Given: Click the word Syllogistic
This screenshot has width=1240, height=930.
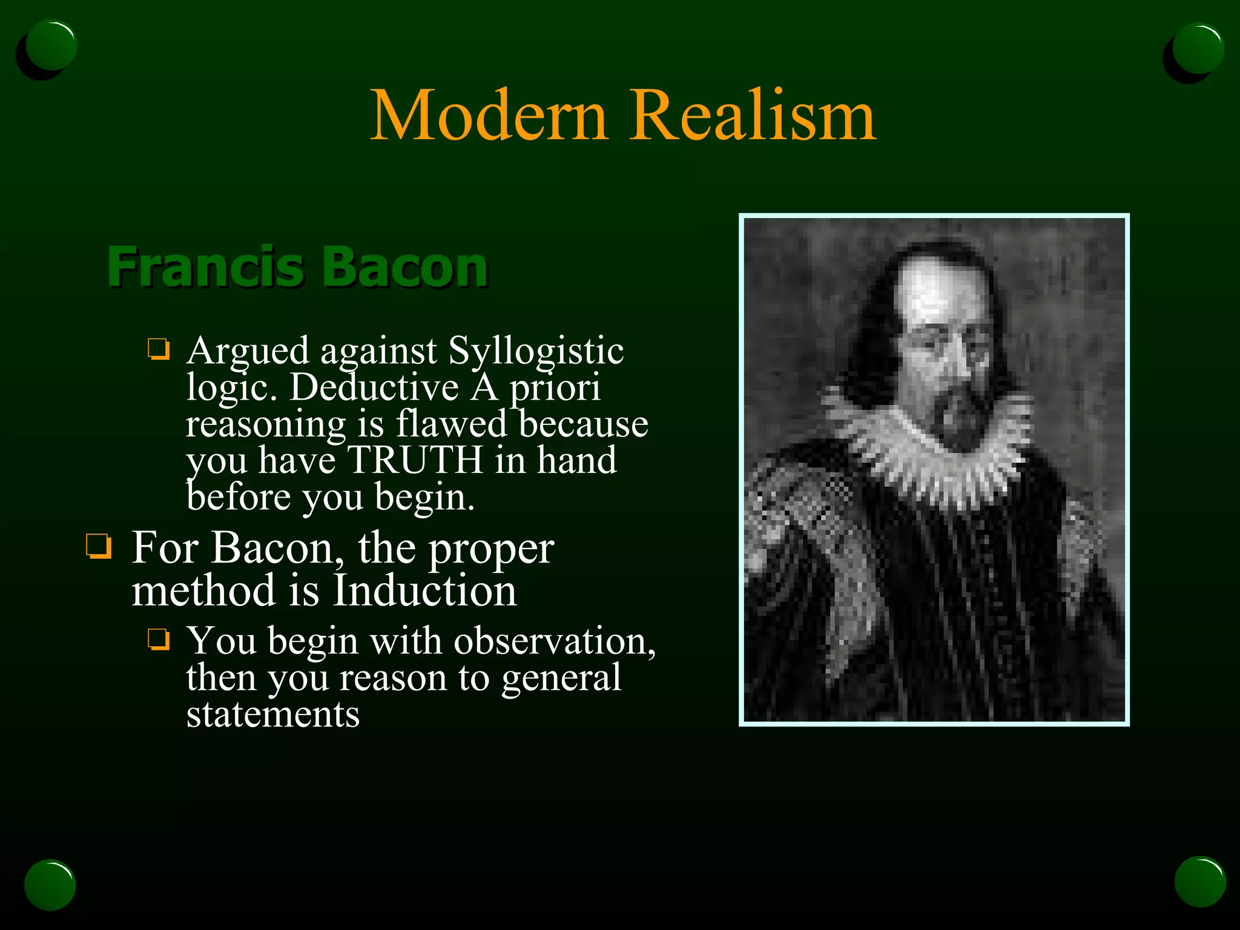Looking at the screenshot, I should point(536,351).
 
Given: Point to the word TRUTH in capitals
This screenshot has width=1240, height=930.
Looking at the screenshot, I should point(415,460).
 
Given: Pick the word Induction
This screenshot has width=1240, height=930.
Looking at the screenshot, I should point(425,590).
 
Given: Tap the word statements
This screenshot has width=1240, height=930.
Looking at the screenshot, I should point(272,714).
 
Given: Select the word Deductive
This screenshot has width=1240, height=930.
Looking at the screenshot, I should point(374,387).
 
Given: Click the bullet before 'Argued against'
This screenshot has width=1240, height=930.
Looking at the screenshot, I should point(159,349).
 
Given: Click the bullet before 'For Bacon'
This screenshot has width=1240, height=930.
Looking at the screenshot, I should point(99,546).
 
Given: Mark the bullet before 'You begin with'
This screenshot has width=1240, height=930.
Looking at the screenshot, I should point(159,639).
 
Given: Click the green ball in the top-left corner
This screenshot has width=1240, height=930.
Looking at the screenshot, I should point(51,46).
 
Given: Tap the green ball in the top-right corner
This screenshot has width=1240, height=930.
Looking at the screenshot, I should point(1197,48).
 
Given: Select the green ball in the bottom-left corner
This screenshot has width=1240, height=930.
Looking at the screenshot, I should point(50,885).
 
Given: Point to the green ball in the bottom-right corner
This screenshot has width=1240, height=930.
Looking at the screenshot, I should point(1199,882).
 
